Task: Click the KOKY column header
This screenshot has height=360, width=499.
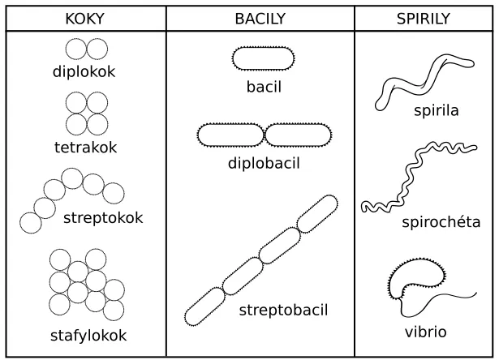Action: pos(84,19)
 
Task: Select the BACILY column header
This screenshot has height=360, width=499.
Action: pos(260,19)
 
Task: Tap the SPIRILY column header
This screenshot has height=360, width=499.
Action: pos(424,19)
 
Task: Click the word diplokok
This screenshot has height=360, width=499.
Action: pos(84,71)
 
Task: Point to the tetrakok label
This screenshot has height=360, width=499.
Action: pos(86,148)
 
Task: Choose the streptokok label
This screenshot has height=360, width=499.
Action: pos(103,218)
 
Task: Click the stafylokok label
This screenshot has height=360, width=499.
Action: pos(88,336)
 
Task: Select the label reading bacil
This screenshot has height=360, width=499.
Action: pos(265,87)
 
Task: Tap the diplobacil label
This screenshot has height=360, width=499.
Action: pos(265,163)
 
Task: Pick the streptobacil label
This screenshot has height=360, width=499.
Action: pos(283,310)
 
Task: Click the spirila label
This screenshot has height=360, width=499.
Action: pos(437,110)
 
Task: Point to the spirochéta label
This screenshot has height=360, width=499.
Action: pos(441,222)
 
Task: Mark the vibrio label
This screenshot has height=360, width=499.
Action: pos(426,332)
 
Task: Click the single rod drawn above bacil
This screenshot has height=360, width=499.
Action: pos(264,58)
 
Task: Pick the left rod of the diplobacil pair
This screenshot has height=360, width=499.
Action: pos(230,135)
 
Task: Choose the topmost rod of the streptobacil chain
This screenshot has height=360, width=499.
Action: pos(317,214)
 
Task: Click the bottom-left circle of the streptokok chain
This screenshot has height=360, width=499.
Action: pos(31,223)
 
